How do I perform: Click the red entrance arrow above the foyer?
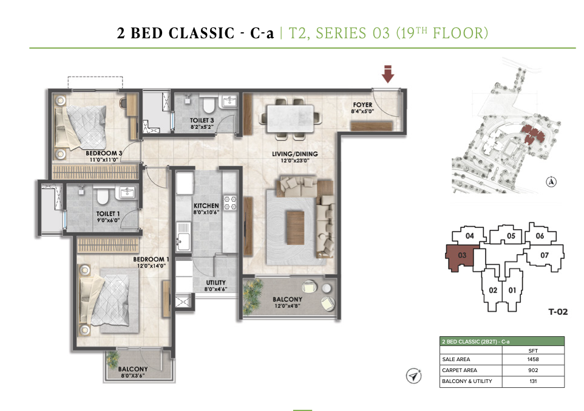point(388,74)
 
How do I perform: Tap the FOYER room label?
point(362,105)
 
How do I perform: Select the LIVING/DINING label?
point(294,154)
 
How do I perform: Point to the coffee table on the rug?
point(295,227)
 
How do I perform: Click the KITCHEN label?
point(206,206)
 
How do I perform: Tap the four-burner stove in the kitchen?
point(230,202)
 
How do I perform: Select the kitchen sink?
point(183,237)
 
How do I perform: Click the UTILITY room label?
point(216,282)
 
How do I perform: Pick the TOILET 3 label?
point(202,120)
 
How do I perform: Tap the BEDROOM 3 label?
point(104,153)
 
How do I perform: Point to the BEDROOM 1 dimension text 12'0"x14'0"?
point(151,266)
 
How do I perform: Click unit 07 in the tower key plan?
point(544,255)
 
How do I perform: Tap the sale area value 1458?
point(533,359)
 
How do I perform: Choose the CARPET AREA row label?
point(459,370)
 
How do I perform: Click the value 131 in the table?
point(533,381)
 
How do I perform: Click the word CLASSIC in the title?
point(202,33)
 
